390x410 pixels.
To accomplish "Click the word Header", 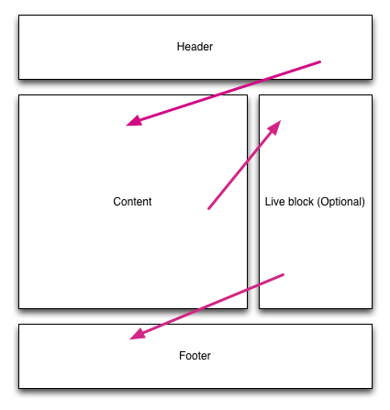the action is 195,47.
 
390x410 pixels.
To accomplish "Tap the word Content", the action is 132,202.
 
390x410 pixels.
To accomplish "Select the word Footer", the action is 195,356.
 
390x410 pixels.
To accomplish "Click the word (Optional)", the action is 341,202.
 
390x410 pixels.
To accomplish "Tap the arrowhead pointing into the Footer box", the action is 138,334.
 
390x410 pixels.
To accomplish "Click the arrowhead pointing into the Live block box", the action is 274,127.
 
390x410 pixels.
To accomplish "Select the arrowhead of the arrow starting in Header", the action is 134,121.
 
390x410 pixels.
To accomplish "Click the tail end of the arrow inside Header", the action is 319,62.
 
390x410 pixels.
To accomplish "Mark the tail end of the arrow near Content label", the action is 209,208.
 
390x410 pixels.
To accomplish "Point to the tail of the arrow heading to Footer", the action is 283,275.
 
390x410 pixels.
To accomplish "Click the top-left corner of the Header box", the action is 19,16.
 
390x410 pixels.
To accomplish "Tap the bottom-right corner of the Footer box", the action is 372,388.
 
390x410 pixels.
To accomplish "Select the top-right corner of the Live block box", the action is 372,95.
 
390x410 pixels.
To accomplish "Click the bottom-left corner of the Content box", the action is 19,308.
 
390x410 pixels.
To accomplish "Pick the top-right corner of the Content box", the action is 247,95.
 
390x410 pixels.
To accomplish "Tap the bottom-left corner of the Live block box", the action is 260,308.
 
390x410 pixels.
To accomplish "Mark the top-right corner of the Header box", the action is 372,16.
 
